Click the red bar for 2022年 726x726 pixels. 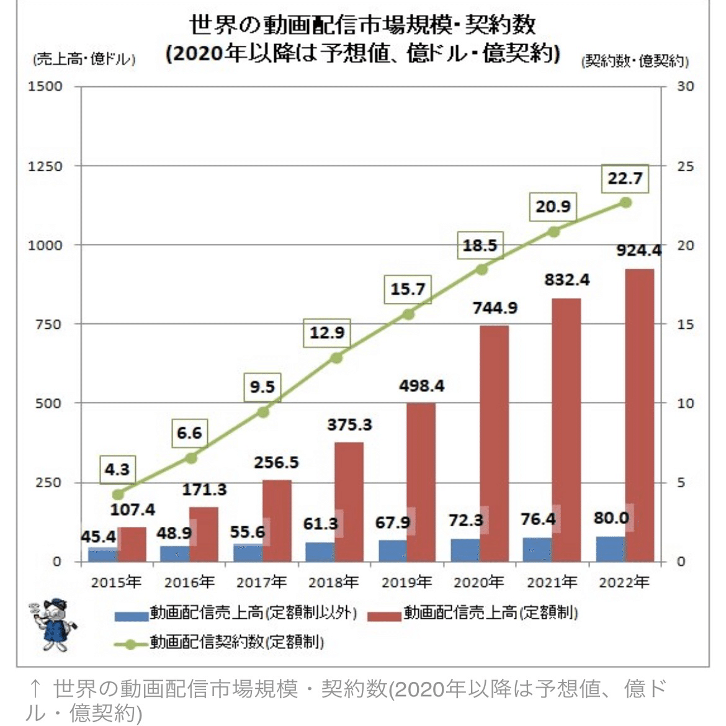click(639, 415)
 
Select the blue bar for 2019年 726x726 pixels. click(393, 550)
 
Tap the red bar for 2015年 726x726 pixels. click(132, 544)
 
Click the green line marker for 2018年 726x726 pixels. click(336, 357)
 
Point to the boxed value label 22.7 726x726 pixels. click(625, 179)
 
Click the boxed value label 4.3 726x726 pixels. click(117, 469)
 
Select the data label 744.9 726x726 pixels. click(495, 307)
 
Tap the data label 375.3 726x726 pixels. click(349, 424)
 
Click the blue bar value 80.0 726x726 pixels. click(611, 518)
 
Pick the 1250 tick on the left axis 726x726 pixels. click(45, 166)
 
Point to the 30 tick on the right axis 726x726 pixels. click(685, 86)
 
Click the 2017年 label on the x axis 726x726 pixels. click(262, 582)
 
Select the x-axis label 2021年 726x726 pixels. click(552, 582)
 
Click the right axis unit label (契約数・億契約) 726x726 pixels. click(634, 61)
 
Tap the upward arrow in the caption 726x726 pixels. click(36, 689)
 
